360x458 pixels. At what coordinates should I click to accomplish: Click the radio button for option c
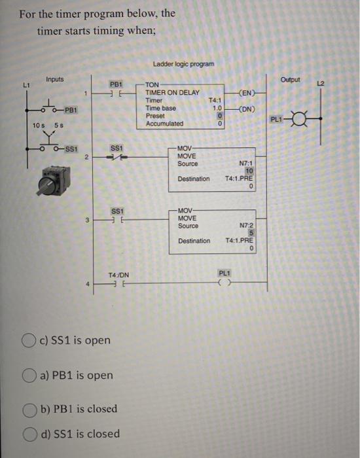pos(28,340)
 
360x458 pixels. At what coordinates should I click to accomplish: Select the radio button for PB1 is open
pos(28,376)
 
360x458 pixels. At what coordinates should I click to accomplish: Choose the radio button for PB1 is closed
pos(28,410)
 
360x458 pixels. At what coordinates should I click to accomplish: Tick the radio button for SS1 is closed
pos(28,433)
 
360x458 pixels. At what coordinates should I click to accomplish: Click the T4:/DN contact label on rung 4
pos(118,275)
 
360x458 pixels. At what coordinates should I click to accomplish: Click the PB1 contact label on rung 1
pos(116,85)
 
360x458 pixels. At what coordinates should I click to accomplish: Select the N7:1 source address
pos(245,164)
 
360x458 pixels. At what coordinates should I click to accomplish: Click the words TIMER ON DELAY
pos(173,93)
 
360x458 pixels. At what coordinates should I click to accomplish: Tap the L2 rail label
pos(338,81)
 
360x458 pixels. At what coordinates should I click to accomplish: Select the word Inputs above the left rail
pos(55,79)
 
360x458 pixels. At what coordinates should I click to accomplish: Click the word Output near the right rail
pos(289,80)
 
